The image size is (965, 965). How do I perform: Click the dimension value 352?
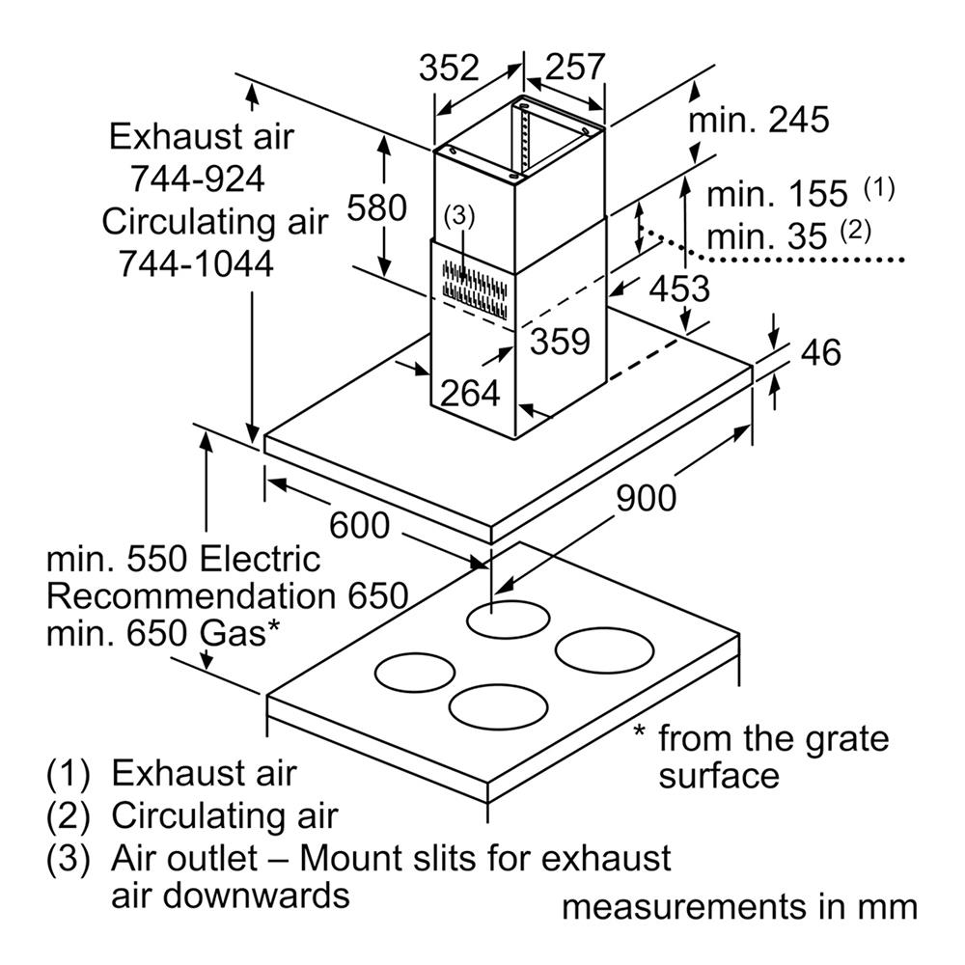(x=449, y=68)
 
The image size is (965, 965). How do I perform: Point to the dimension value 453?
(x=677, y=288)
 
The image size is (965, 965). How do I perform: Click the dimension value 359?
(x=559, y=342)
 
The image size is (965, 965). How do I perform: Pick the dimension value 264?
(x=470, y=393)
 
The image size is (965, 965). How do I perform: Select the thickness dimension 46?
(x=820, y=352)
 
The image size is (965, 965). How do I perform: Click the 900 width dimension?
(x=646, y=497)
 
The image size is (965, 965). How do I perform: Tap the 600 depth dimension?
(x=359, y=526)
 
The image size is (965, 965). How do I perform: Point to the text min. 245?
(x=758, y=121)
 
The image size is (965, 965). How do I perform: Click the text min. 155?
(x=777, y=194)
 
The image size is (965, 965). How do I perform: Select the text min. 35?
(x=767, y=235)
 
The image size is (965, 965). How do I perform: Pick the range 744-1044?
(x=195, y=262)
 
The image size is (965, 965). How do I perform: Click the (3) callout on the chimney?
(x=459, y=217)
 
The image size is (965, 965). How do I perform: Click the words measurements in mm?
(x=739, y=908)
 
